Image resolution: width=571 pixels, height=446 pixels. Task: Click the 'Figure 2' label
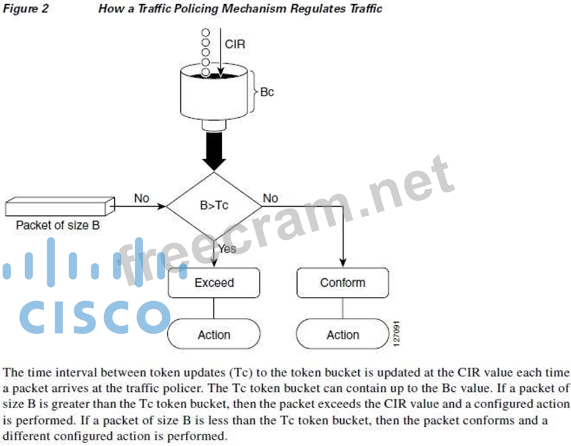(25, 8)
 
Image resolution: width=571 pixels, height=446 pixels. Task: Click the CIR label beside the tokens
(234, 44)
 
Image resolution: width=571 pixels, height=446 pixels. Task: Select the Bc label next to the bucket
(267, 93)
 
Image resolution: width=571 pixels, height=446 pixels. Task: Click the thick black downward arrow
(213, 151)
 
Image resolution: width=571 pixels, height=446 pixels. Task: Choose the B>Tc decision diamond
(214, 206)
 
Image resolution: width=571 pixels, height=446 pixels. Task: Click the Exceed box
(214, 283)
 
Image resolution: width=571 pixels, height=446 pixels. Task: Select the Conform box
(343, 283)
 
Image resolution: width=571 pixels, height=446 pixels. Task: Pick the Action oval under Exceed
(214, 335)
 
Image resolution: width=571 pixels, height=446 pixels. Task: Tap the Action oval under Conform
(343, 335)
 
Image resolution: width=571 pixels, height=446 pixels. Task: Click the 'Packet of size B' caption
(58, 226)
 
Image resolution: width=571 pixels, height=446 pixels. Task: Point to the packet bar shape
(59, 206)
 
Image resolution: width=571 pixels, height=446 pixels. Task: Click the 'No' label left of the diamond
(141, 198)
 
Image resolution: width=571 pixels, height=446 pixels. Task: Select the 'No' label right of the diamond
(270, 198)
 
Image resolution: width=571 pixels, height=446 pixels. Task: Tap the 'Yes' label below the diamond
(227, 249)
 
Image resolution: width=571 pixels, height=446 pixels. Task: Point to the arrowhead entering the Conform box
(343, 263)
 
